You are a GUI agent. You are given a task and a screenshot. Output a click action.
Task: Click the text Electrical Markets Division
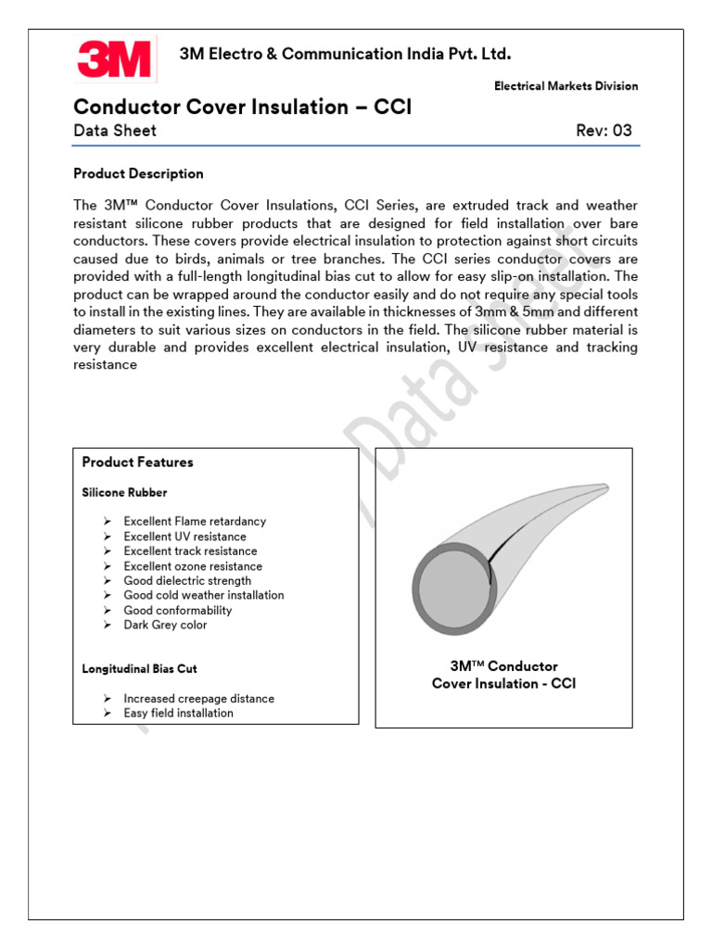click(x=566, y=86)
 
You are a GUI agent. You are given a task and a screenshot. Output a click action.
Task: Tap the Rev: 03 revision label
click(x=604, y=131)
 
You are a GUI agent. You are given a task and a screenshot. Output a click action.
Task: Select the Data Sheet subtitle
click(x=115, y=131)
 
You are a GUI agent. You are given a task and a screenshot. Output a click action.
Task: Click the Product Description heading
click(x=138, y=173)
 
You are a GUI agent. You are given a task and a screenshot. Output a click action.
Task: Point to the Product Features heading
click(x=137, y=462)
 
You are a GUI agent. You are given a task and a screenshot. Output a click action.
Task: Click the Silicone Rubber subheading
click(x=124, y=492)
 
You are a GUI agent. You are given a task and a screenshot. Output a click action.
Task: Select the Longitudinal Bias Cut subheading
click(x=139, y=668)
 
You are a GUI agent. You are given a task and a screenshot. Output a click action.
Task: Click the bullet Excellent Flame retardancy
click(x=195, y=522)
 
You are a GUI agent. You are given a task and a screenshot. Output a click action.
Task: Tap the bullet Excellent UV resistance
click(x=184, y=537)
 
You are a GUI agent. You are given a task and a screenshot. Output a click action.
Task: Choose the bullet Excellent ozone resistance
click(x=193, y=566)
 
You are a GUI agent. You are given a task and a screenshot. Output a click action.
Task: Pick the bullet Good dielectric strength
click(x=187, y=581)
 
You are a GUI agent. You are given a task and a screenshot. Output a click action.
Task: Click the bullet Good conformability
click(x=178, y=611)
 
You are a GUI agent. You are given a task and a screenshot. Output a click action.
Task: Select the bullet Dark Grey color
click(x=165, y=626)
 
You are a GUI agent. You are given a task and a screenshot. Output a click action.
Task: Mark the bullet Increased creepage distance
click(x=198, y=699)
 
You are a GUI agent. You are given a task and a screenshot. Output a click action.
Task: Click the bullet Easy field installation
click(x=178, y=714)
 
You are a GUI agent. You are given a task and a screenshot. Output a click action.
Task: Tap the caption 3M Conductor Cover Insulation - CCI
click(x=503, y=675)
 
